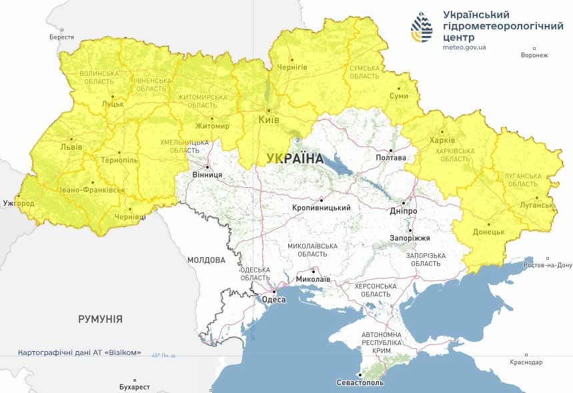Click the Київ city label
[x=269, y=121]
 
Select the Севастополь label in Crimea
[x=360, y=384]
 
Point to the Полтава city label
[x=391, y=158]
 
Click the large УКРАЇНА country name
[x=294, y=159]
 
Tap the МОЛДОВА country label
[x=206, y=260]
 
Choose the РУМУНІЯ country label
[x=100, y=319]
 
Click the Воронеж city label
[x=534, y=55]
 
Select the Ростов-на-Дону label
[x=546, y=265]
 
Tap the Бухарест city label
[x=131, y=387]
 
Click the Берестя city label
[x=61, y=37]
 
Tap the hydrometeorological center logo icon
[x=421, y=26]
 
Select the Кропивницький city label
[x=322, y=208]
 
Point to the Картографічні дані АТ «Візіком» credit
[x=79, y=352]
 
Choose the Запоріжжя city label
[x=410, y=238]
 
